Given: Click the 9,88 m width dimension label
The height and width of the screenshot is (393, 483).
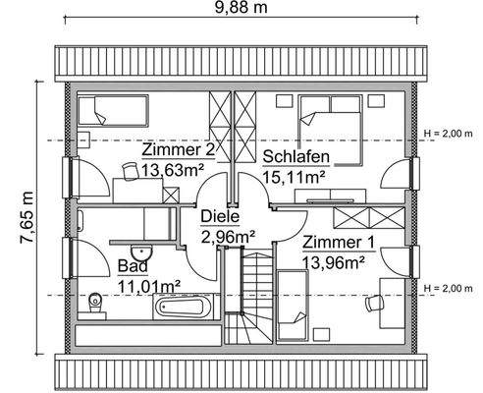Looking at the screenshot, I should coord(241,10).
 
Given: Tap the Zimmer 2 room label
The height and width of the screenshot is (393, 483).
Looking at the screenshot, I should coord(177,150).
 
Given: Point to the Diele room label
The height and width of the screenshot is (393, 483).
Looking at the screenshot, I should coord(220,217).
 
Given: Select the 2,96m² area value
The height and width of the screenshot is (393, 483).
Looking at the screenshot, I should coord(228,236).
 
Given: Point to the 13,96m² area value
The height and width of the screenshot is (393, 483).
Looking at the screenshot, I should coord(334,261).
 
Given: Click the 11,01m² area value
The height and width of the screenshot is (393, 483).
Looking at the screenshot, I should coord(148,286).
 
